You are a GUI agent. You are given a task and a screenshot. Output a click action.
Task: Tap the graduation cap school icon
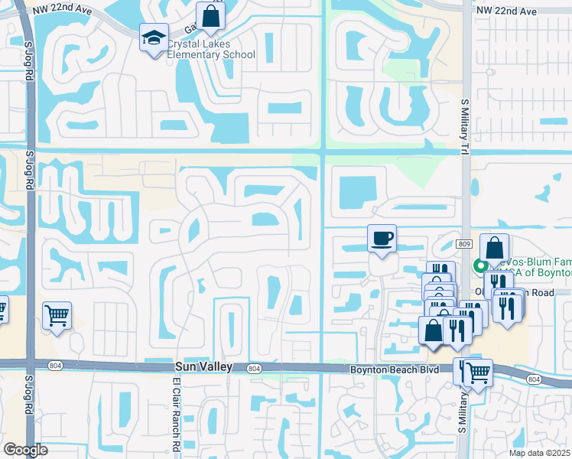[x=153, y=36]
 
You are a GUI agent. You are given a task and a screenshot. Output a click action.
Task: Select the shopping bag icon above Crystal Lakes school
[x=210, y=15]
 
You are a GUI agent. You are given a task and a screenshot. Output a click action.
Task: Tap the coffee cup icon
[x=382, y=239]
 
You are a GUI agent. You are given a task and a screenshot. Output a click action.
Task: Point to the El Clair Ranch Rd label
[x=175, y=413]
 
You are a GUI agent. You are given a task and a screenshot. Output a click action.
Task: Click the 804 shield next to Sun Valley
[x=254, y=369]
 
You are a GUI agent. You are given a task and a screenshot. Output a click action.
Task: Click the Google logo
[x=26, y=450]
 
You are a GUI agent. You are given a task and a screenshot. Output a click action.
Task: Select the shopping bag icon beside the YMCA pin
[x=495, y=248]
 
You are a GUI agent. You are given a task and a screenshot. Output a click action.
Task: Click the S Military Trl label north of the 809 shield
[x=464, y=126]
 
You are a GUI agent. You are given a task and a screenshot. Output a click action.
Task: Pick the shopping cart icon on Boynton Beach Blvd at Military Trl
[x=479, y=373]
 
